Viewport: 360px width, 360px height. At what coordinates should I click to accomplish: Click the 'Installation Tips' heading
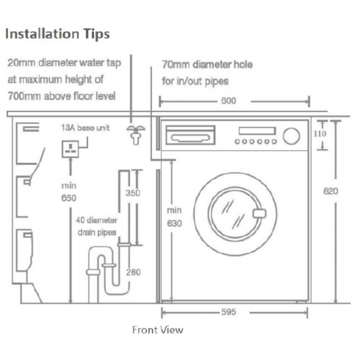click(57, 34)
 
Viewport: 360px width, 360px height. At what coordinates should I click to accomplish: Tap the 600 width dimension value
click(229, 101)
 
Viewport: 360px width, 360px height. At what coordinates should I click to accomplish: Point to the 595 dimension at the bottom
click(229, 312)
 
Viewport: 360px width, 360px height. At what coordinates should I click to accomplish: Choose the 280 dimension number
click(133, 272)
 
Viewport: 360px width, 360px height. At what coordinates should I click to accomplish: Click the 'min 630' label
click(174, 216)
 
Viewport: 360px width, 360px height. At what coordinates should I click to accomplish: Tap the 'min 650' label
click(69, 192)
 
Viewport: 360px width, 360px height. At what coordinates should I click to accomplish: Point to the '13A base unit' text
click(85, 128)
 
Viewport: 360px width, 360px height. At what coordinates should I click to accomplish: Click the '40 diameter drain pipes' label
click(97, 226)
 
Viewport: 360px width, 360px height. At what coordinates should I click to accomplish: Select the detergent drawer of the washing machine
click(190, 134)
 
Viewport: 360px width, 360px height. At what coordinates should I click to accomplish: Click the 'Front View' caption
click(157, 330)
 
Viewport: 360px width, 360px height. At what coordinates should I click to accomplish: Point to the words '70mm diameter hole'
click(207, 65)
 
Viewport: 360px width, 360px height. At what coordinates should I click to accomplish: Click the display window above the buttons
click(256, 130)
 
